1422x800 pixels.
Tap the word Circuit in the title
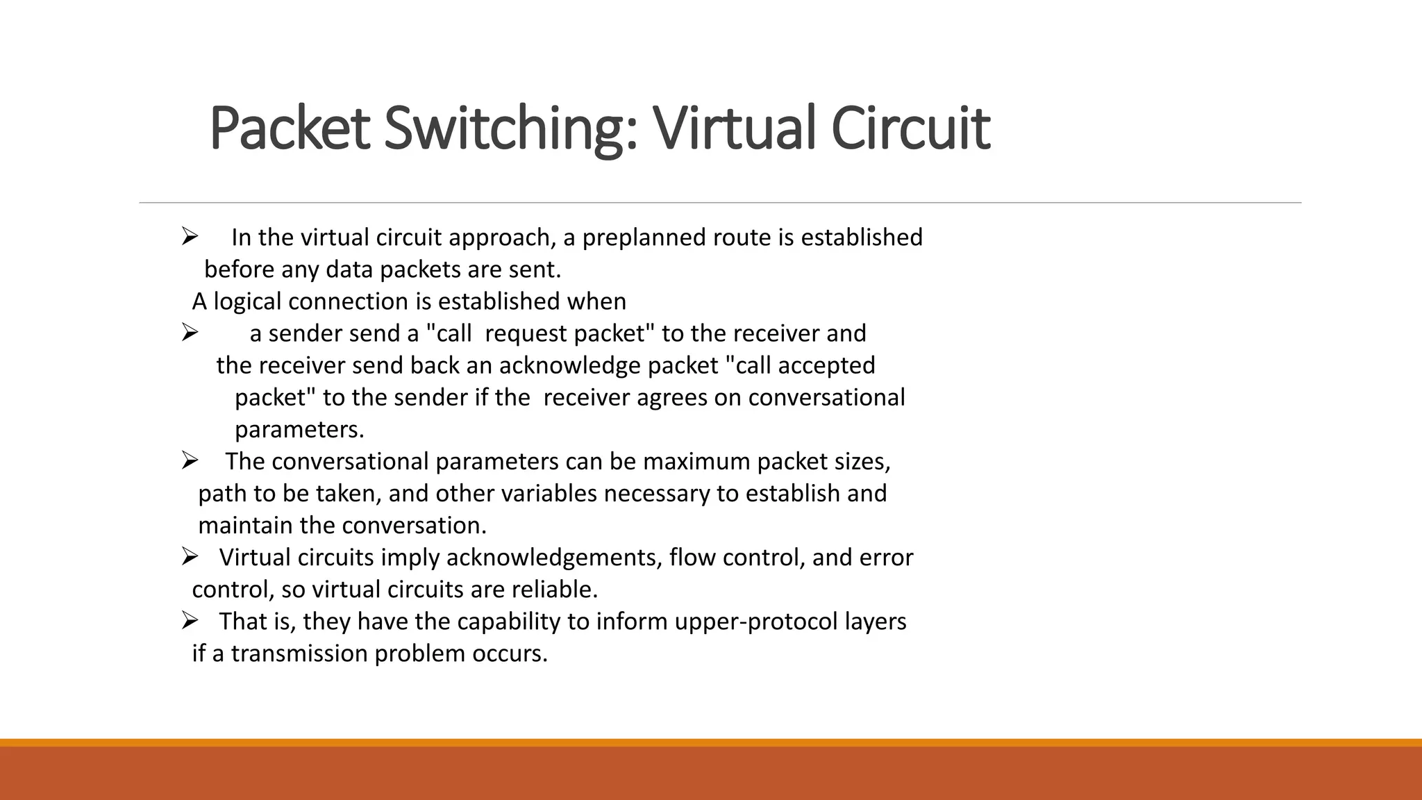(910, 128)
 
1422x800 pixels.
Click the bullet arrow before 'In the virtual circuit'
(190, 237)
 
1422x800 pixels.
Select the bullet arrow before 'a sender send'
(190, 333)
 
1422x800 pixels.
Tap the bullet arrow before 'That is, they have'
(190, 620)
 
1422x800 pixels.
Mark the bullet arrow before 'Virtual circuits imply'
(190, 556)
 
